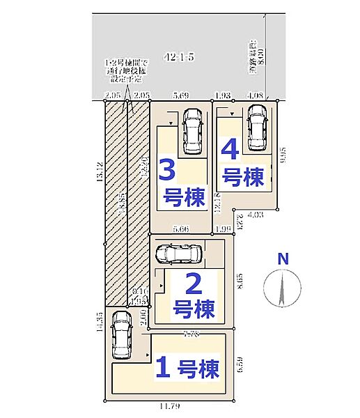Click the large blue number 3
pyautogui.click(x=166, y=171)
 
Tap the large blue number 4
pyautogui.click(x=230, y=149)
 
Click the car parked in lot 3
pyautogui.click(x=190, y=132)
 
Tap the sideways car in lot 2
pyautogui.click(x=178, y=254)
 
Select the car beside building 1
pyautogui.click(x=122, y=333)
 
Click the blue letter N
pyautogui.click(x=282, y=259)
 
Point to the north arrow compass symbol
pyautogui.click(x=281, y=288)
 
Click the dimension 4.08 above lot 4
pyautogui.click(x=255, y=96)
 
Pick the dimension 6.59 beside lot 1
pyautogui.click(x=240, y=364)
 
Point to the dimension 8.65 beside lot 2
pyautogui.click(x=239, y=281)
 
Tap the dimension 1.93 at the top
pyautogui.click(x=222, y=96)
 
